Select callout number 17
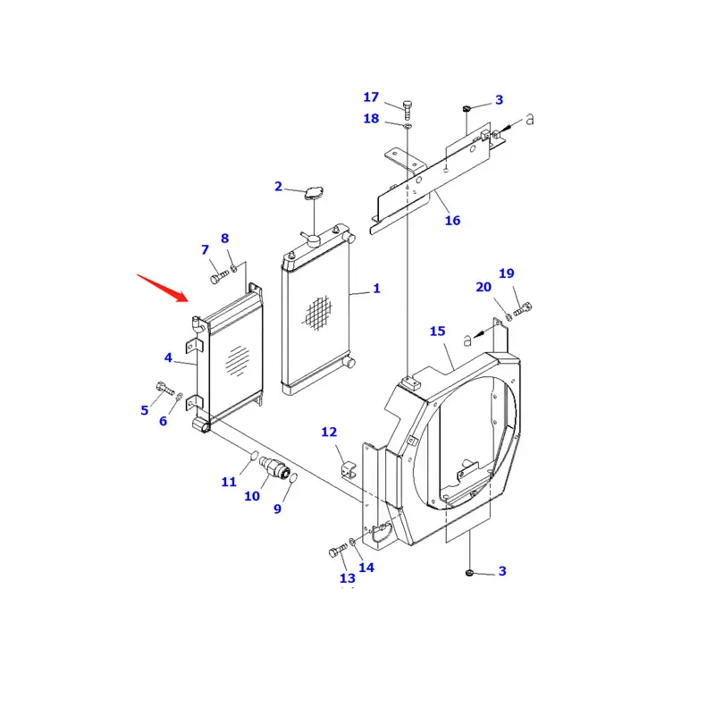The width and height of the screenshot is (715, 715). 371,97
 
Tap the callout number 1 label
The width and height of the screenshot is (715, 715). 376,289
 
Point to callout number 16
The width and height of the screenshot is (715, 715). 452,220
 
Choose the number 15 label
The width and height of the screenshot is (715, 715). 437,332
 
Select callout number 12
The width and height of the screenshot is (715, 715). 329,433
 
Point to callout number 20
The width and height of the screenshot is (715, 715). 484,287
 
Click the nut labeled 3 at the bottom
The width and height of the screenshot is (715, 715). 468,570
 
